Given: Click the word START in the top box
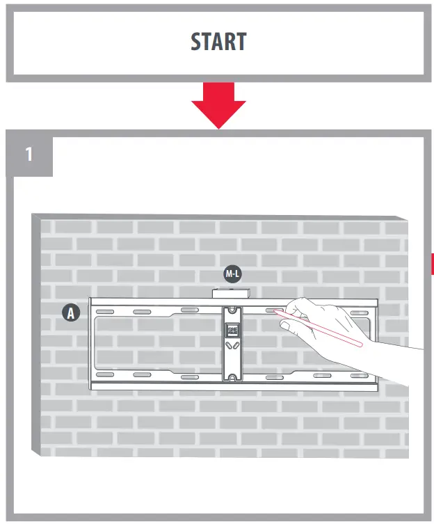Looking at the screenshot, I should pyautogui.click(x=218, y=42).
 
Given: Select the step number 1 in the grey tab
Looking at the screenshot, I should pyautogui.click(x=29, y=154).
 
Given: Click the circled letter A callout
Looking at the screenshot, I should pyautogui.click(x=70, y=313).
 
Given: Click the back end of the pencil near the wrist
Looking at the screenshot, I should pyautogui.click(x=360, y=343).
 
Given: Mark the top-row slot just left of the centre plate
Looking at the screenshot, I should pyautogui.click(x=189, y=310).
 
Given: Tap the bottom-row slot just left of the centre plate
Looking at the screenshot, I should pyautogui.click(x=189, y=376).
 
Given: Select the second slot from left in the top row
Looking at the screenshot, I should pyautogui.click(x=143, y=311).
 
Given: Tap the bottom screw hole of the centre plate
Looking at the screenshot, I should pyautogui.click(x=232, y=376).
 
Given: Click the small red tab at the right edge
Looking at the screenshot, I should pyautogui.click(x=431, y=264).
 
